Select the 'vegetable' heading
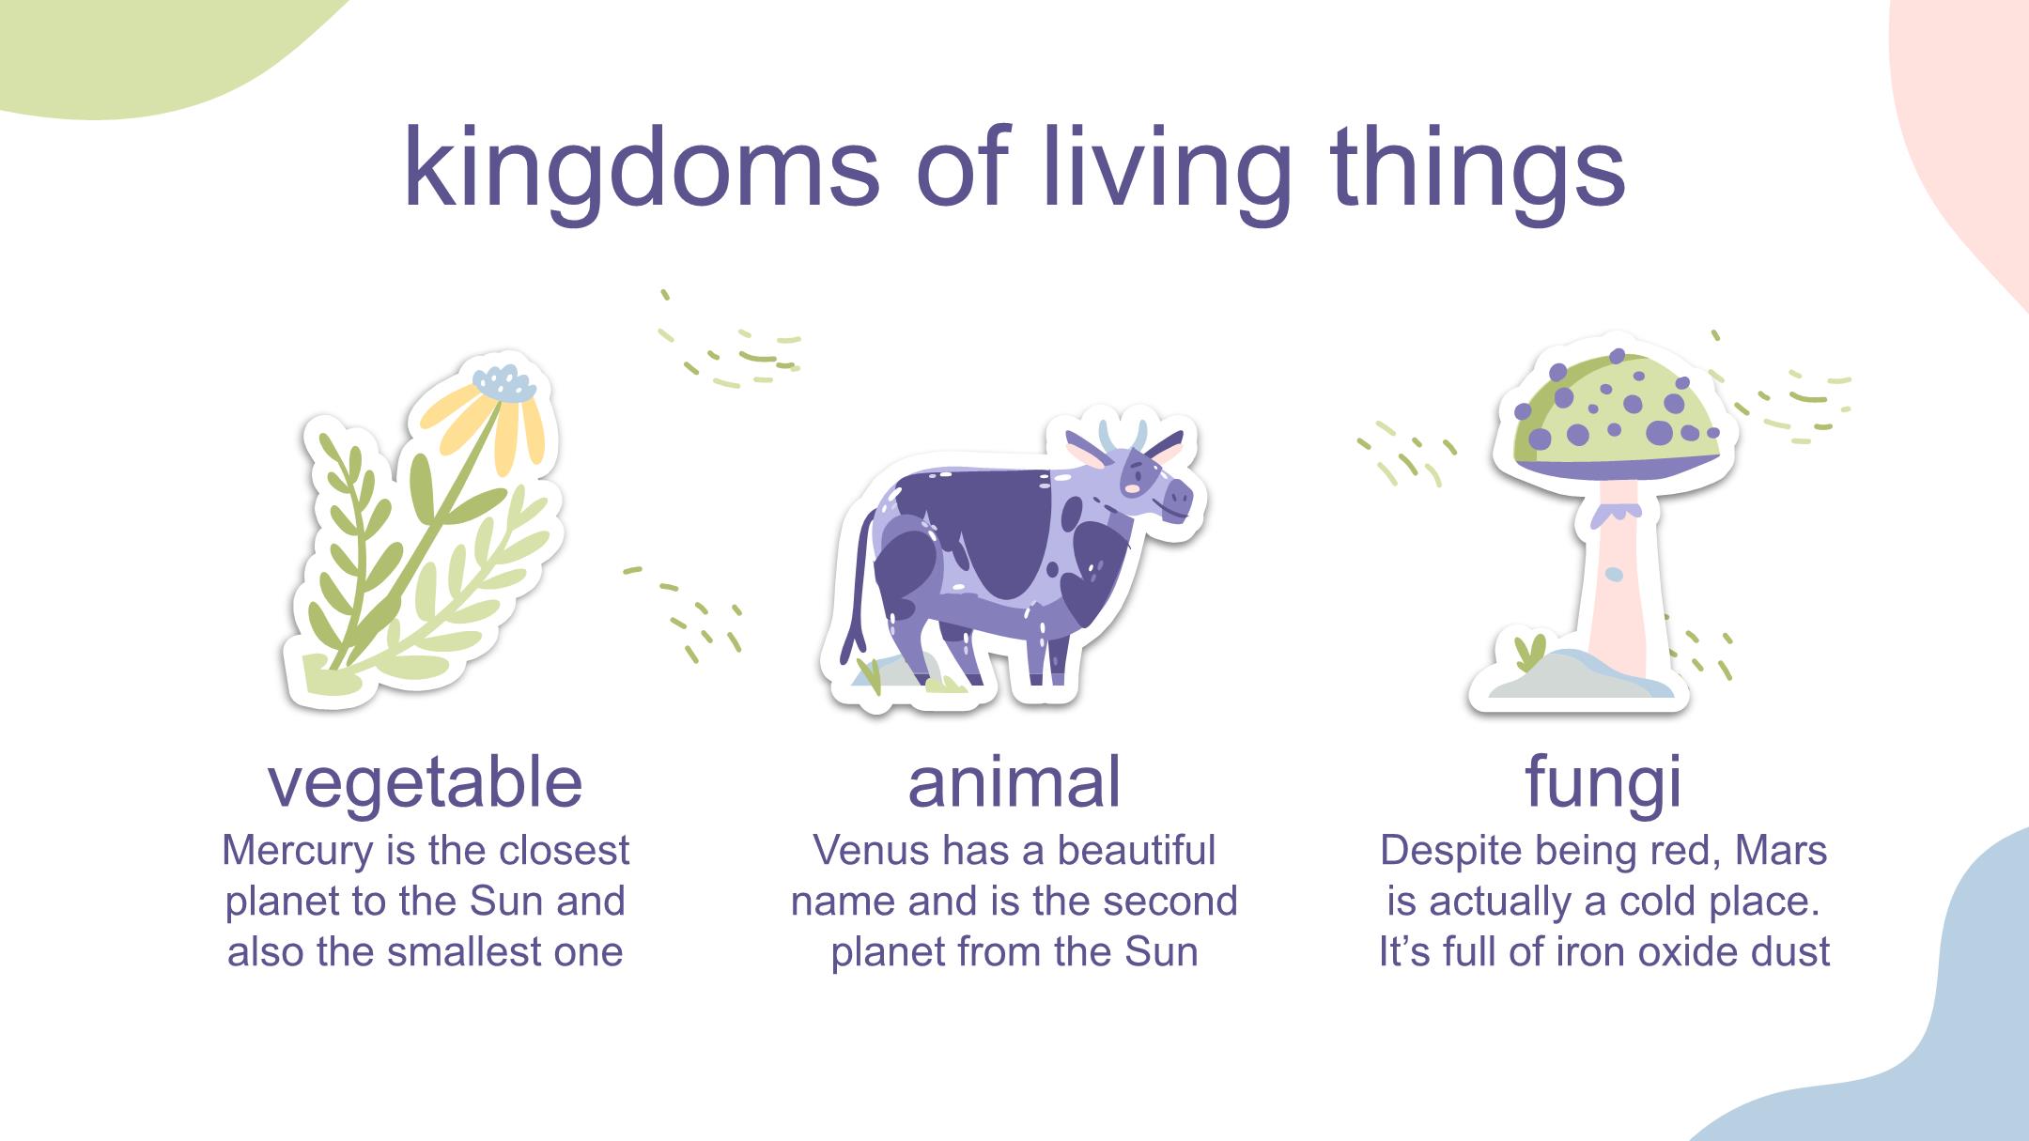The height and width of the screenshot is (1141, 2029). pyautogui.click(x=426, y=783)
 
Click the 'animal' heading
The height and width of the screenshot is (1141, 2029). pyautogui.click(x=1014, y=781)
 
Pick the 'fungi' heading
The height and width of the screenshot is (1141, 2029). pyautogui.click(x=1603, y=783)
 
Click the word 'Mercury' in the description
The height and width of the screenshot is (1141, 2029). pyautogui.click(x=298, y=852)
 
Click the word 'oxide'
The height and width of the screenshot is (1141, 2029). pyautogui.click(x=1681, y=951)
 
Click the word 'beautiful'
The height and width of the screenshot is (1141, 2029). pyautogui.click(x=1137, y=851)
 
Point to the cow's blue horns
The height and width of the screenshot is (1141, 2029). pyautogui.click(x=1123, y=437)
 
